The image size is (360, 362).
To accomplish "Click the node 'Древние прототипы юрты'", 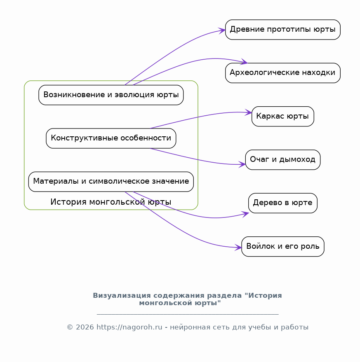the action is tap(283, 30).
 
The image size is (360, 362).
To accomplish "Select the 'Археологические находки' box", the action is tap(283, 73).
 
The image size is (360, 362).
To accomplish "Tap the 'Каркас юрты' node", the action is tap(283, 117).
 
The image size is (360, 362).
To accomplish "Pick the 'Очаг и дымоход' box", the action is tap(283, 160).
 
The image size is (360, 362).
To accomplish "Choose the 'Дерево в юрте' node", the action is tap(283, 203).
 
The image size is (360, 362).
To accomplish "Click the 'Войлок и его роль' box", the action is tap(283, 247).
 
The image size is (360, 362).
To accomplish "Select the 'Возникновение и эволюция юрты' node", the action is tap(111, 95).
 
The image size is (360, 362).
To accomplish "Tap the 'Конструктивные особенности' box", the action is tap(111, 138).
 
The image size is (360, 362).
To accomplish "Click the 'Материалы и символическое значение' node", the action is tap(111, 182).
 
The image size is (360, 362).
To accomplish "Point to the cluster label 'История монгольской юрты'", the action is tap(111, 202).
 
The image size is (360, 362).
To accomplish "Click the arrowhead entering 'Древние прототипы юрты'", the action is tap(222, 30).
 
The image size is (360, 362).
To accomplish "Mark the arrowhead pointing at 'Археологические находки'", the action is tap(244, 62).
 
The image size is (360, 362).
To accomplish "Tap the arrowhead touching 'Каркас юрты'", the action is tap(248, 113).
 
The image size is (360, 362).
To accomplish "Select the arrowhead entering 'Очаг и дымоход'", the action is tap(242, 165).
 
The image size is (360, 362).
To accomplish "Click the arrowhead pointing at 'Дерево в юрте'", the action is tap(245, 214).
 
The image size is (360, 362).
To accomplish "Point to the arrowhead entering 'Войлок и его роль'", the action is tap(238, 248).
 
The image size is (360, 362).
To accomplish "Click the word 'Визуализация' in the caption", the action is tap(122, 296).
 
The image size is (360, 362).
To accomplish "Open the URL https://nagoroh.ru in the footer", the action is tap(129, 327).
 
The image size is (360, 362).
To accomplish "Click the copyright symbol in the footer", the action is tap(70, 327).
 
